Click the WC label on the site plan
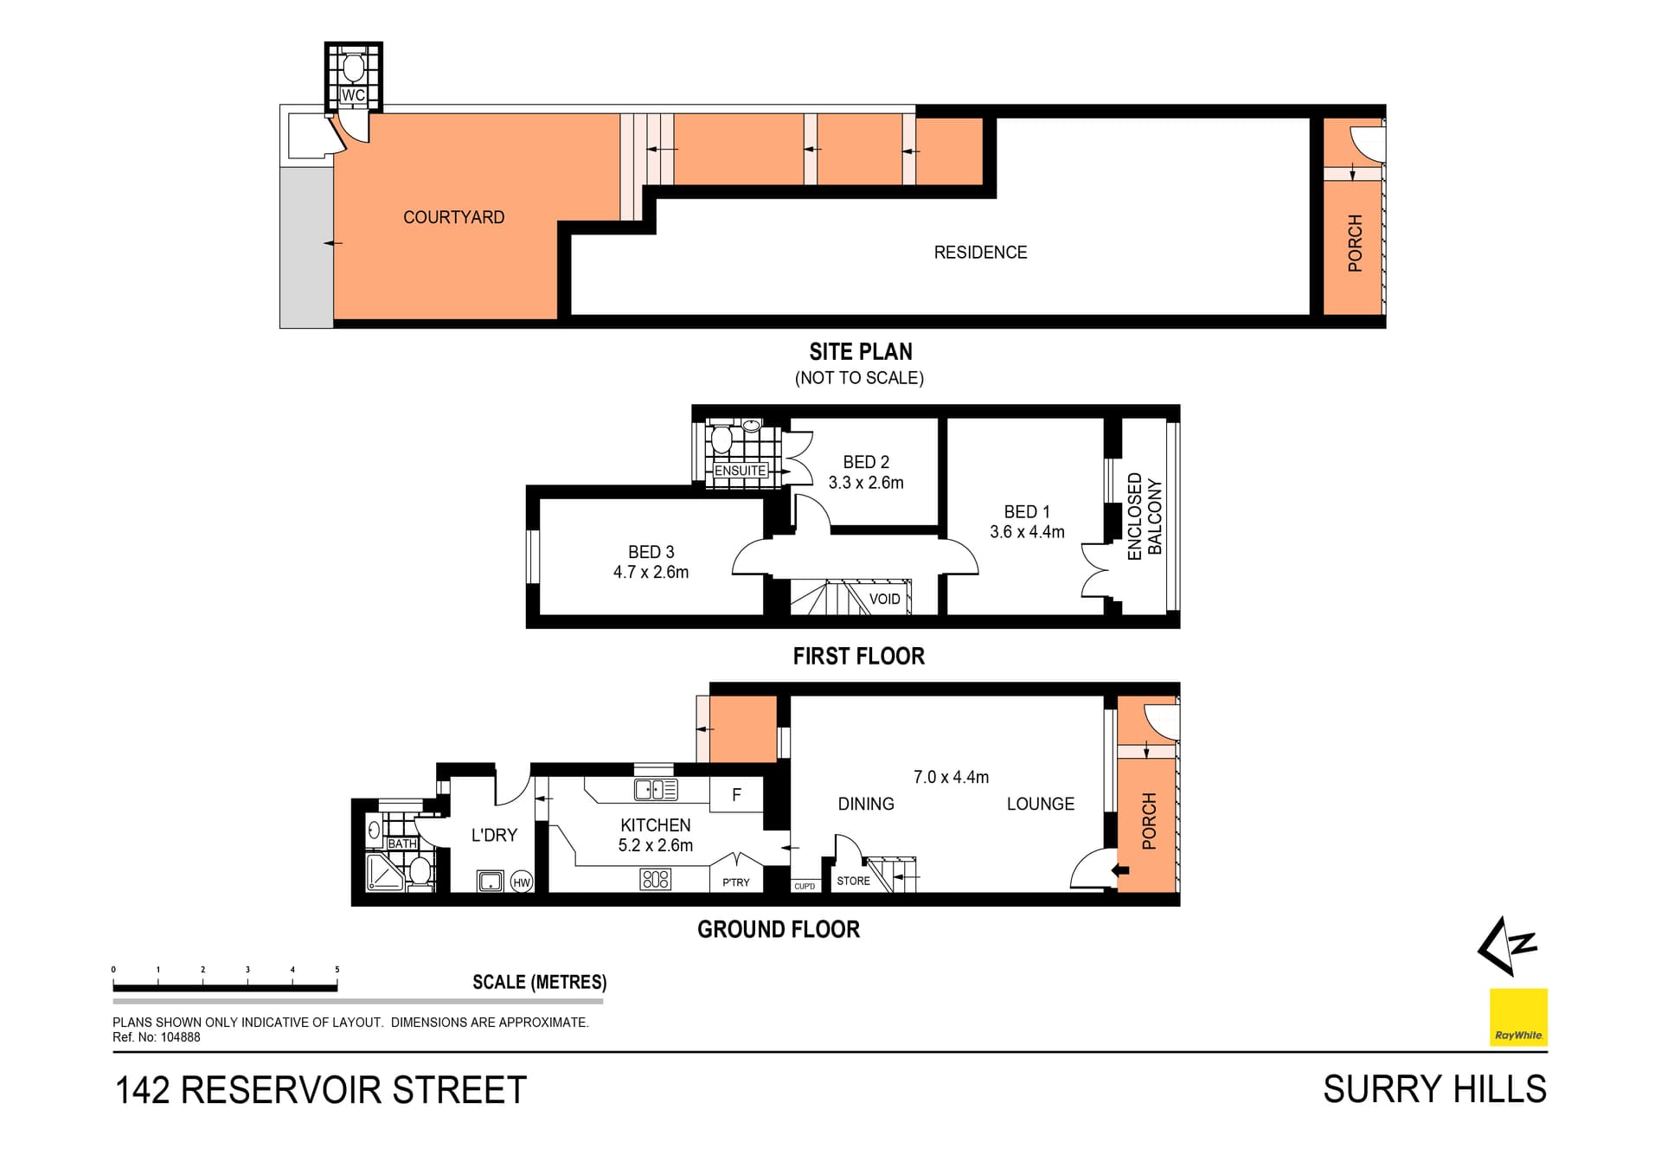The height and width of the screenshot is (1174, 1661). coord(353,95)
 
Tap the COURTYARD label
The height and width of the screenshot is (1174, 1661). coord(453,217)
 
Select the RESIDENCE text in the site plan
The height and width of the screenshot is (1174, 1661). coord(980,253)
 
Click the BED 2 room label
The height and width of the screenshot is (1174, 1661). coord(866,462)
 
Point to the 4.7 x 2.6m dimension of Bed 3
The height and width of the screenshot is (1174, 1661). coord(651,572)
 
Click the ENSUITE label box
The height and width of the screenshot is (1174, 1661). coord(740,471)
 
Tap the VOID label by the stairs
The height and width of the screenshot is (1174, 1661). coord(884,599)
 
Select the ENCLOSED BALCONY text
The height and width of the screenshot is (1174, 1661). coord(1144,516)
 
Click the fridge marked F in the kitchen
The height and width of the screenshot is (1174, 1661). coord(736,794)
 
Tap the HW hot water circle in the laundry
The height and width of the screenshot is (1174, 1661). coord(522,882)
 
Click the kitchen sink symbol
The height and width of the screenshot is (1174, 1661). coord(656,789)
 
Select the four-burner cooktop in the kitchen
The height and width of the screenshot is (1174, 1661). coord(656,880)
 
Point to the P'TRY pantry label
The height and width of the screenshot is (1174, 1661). coord(736,882)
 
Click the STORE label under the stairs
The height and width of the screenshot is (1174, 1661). coord(853,881)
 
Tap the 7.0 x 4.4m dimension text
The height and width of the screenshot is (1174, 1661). coord(951,777)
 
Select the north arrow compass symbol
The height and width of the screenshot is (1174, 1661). coord(1507,946)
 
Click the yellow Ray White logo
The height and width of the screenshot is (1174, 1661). coord(1518,1017)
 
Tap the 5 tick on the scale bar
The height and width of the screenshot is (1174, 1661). coord(337,970)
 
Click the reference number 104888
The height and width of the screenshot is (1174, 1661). coord(180,1037)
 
